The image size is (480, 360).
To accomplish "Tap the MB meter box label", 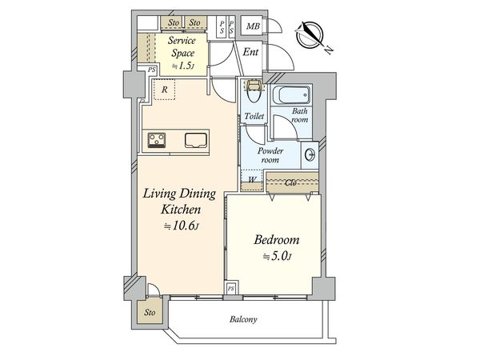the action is [253, 26].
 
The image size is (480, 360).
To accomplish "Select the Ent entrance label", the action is [250, 52].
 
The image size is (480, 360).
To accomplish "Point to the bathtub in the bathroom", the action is [291, 95].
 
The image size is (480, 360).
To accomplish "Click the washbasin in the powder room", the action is [310, 154].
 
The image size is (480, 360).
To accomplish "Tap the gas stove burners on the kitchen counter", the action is [157, 141].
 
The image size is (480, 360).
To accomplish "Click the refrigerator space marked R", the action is [164, 90].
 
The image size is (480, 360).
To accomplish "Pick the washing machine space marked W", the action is [252, 180].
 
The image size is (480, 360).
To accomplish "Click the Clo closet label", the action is [290, 183].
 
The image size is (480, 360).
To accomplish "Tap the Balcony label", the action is [243, 319].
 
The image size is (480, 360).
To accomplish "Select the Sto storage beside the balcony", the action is [150, 312].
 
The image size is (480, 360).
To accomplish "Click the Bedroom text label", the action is [277, 240].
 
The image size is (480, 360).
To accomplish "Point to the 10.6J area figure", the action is [182, 226].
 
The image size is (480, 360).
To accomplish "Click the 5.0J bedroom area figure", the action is [277, 257].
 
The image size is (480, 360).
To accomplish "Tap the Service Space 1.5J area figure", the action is [182, 66].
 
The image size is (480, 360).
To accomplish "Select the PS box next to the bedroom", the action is [231, 288].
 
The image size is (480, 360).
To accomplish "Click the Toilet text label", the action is [254, 116].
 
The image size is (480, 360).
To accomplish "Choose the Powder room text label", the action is [270, 155].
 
